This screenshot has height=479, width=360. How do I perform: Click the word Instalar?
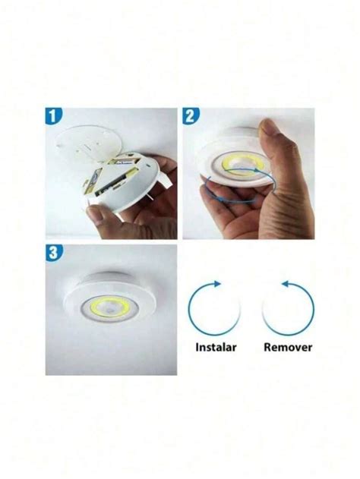215,348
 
